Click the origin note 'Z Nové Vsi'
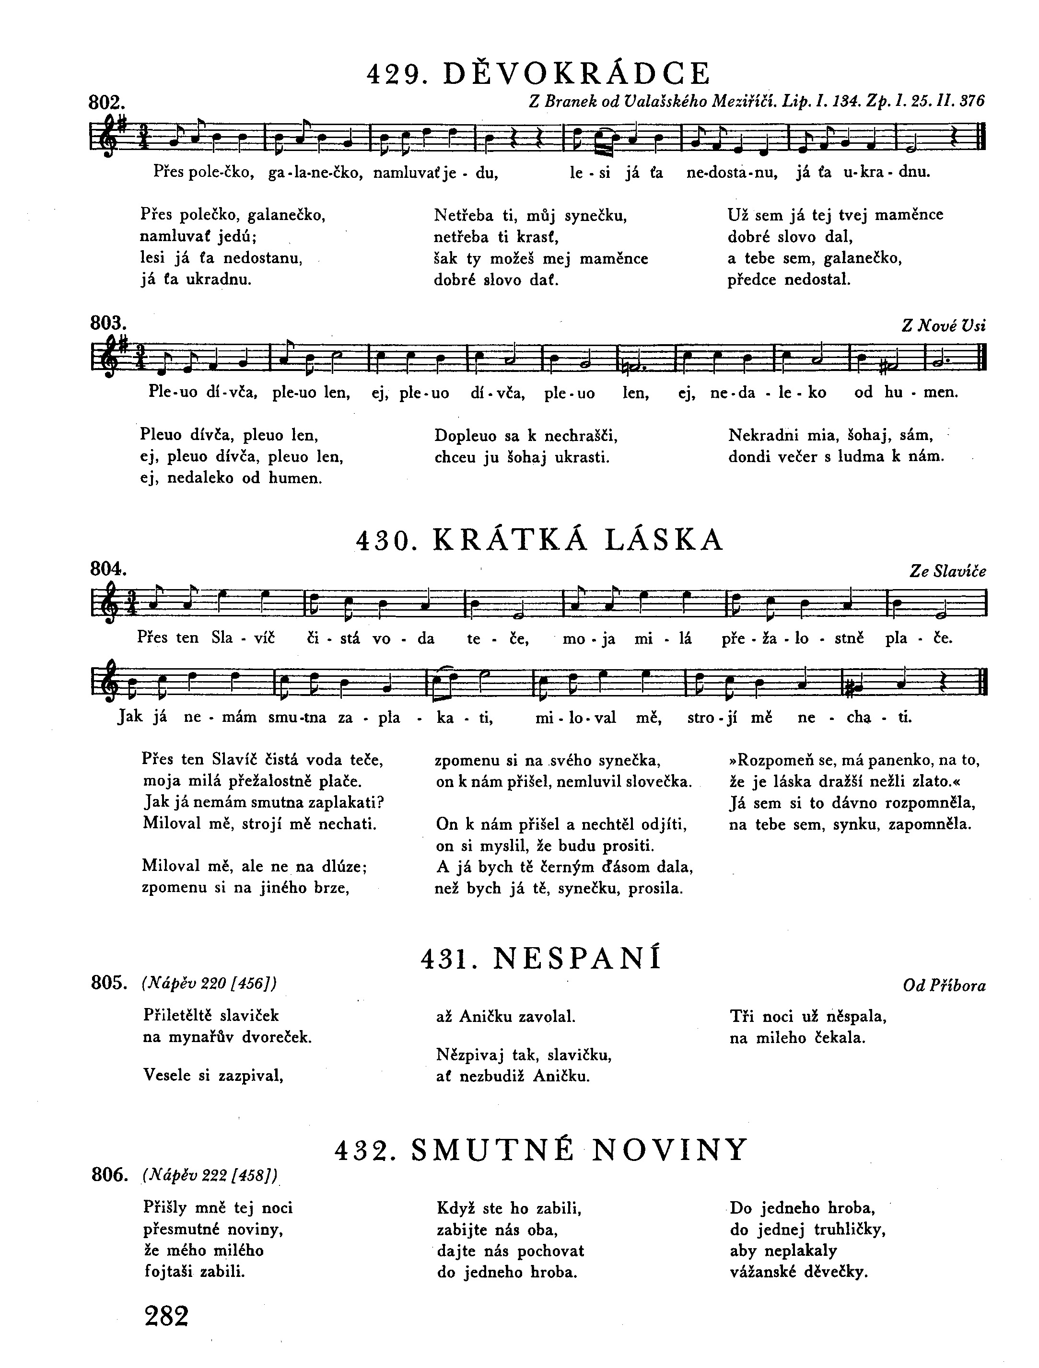point(944,325)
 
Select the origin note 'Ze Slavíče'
point(947,571)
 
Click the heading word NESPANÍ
point(578,959)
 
